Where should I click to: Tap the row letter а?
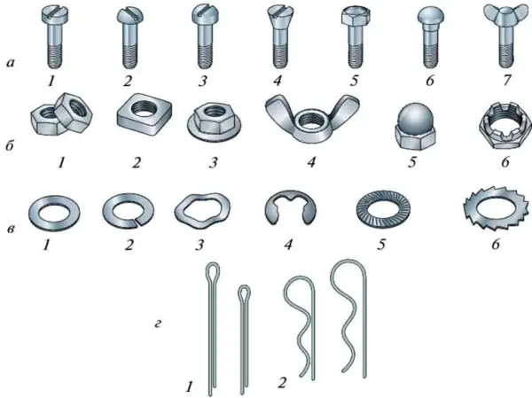click(x=11, y=62)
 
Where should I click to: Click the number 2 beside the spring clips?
click(x=282, y=382)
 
